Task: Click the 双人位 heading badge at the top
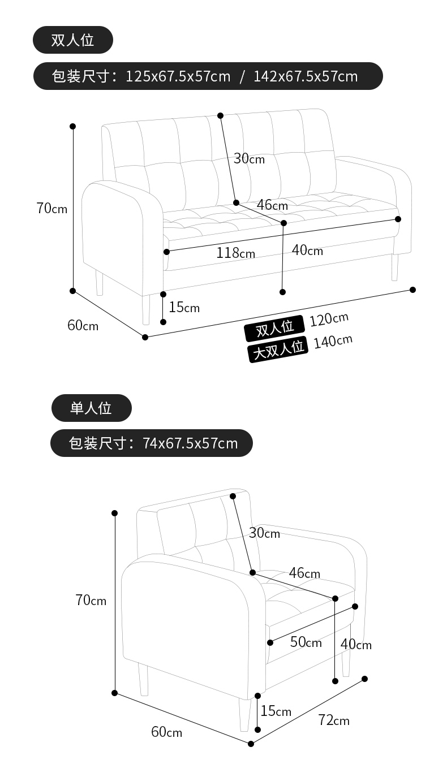click(72, 40)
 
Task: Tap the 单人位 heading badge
click(91, 408)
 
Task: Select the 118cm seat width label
click(235, 253)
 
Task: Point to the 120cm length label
click(329, 320)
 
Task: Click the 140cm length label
click(333, 342)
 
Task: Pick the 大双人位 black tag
click(277, 349)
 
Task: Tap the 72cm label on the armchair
click(334, 720)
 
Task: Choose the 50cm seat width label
click(306, 642)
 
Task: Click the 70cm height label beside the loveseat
click(51, 209)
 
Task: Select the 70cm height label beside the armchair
click(91, 600)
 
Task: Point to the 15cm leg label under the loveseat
click(184, 307)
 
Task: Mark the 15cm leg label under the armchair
click(276, 711)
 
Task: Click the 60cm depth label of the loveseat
click(83, 326)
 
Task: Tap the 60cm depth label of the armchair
click(166, 732)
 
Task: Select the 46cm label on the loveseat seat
click(272, 205)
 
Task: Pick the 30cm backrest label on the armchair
click(264, 533)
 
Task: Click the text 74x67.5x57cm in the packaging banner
click(190, 443)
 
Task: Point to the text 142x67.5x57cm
click(306, 76)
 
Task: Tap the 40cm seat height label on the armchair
click(356, 644)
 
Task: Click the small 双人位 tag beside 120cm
click(274, 328)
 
